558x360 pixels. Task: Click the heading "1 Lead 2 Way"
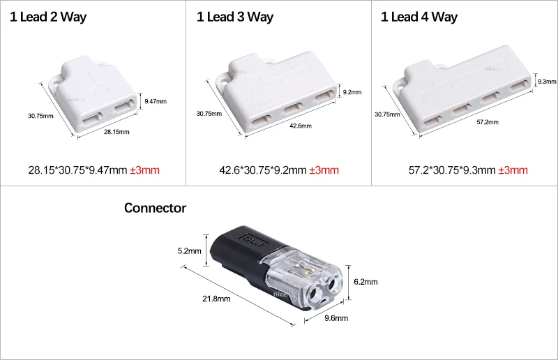pyautogui.click(x=47, y=17)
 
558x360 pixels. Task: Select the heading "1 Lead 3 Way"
pyautogui.click(x=234, y=17)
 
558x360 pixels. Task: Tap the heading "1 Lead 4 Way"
pyautogui.click(x=419, y=17)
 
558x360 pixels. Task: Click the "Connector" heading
pyautogui.click(x=155, y=208)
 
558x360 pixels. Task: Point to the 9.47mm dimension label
pyautogui.click(x=156, y=101)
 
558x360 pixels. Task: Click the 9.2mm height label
pyautogui.click(x=351, y=91)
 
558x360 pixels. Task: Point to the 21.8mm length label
pyautogui.click(x=216, y=299)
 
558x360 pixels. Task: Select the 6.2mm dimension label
pyautogui.click(x=365, y=282)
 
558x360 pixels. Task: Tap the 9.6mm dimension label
pyautogui.click(x=337, y=318)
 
